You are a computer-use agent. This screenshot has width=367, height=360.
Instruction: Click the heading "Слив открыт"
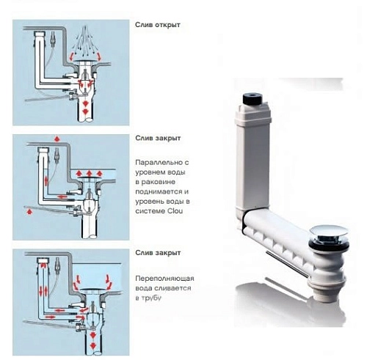[158, 25]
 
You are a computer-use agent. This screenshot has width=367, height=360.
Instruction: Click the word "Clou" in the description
[175, 211]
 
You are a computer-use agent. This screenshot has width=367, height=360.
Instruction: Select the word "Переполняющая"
[164, 279]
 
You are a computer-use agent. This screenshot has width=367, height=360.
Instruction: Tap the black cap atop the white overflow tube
[252, 98]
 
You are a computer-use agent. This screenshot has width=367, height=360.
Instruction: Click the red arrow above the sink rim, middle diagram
[57, 139]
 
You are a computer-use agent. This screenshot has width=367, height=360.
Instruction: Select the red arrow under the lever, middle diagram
[29, 212]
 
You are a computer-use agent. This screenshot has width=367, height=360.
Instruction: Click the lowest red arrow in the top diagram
[85, 112]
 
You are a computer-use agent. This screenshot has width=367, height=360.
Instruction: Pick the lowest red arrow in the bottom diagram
[92, 345]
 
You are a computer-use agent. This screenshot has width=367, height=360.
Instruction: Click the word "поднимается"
[162, 191]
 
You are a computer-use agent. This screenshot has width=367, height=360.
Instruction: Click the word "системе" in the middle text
[150, 211]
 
